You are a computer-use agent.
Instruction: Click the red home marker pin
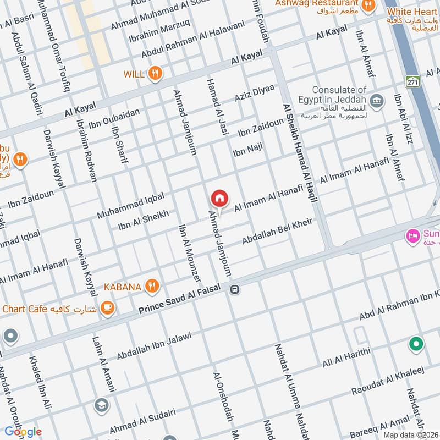click(219, 198)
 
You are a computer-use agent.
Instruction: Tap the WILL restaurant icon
click(156, 73)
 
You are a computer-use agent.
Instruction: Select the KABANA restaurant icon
click(152, 285)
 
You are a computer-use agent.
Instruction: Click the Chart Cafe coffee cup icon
click(108, 308)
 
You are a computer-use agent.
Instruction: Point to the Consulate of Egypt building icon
click(377, 100)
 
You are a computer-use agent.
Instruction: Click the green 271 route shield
click(413, 81)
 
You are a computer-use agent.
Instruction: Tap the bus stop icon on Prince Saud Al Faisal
click(235, 289)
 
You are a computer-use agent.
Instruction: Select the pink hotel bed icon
click(412, 237)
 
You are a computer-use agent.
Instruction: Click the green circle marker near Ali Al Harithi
click(416, 345)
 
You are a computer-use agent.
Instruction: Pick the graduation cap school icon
click(101, 405)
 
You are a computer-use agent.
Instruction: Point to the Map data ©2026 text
click(410, 435)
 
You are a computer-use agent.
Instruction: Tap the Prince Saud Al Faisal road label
click(179, 299)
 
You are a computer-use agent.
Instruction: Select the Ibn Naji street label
click(248, 149)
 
